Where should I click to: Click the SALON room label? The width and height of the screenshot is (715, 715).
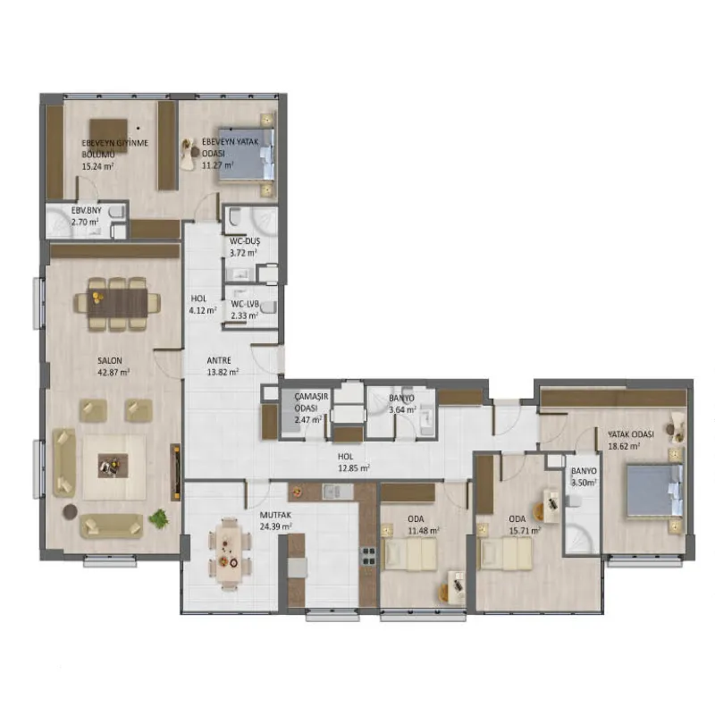pyautogui.click(x=109, y=361)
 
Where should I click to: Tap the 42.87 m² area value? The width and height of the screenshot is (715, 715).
pyautogui.click(x=114, y=372)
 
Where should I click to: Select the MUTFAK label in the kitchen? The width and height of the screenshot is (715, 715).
pyautogui.click(x=275, y=516)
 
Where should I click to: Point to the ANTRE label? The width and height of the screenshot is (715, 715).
pyautogui.click(x=219, y=360)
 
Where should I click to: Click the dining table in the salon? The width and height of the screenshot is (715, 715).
pyautogui.click(x=117, y=303)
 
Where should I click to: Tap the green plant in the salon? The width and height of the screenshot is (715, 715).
pyautogui.click(x=159, y=518)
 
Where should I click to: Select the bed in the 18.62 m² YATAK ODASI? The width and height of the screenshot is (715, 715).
pyautogui.click(x=654, y=491)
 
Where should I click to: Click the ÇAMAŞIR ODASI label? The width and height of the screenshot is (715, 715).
pyautogui.click(x=310, y=402)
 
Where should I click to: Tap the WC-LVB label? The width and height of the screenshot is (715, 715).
pyautogui.click(x=245, y=304)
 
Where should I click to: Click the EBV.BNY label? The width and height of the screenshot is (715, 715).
pyautogui.click(x=86, y=211)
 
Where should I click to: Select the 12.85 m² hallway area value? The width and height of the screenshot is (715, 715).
pyautogui.click(x=354, y=468)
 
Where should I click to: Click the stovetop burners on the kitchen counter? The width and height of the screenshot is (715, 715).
pyautogui.click(x=368, y=556)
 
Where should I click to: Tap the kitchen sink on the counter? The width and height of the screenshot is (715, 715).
pyautogui.click(x=338, y=492)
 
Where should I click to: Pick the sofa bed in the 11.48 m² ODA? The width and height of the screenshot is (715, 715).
pyautogui.click(x=410, y=553)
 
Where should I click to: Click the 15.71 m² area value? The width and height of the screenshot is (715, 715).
pyautogui.click(x=525, y=531)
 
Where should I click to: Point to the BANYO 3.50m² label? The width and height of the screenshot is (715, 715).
pyautogui.click(x=584, y=476)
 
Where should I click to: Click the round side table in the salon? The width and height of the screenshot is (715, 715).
pyautogui.click(x=71, y=511)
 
